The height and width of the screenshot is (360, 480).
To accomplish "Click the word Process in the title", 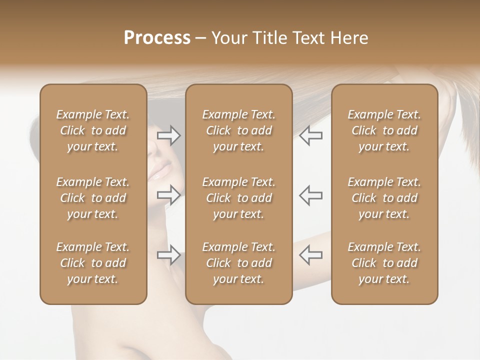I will [x=157, y=37].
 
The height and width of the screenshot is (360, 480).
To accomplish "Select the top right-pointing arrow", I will [x=168, y=135].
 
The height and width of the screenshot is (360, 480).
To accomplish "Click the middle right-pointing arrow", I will [x=168, y=195].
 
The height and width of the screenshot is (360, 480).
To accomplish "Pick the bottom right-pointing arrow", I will [x=168, y=255].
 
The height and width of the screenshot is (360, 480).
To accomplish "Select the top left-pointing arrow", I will [x=310, y=135].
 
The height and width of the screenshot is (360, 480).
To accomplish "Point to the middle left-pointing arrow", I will [x=310, y=195].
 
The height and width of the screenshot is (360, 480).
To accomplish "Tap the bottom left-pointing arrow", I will [x=310, y=255].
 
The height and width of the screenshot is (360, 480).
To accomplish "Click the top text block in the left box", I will [x=93, y=130].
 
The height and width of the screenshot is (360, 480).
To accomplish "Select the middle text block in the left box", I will [x=93, y=198].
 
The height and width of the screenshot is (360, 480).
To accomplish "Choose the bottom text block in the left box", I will [x=93, y=263].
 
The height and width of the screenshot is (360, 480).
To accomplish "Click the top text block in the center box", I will [x=238, y=130].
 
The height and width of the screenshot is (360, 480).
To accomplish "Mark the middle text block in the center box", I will [x=238, y=198].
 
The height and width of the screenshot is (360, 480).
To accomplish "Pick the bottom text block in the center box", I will [x=238, y=263].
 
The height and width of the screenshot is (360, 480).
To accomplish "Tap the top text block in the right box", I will [x=384, y=130].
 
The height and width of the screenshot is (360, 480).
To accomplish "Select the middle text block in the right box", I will [x=384, y=198].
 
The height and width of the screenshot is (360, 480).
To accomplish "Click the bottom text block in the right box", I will [x=384, y=263].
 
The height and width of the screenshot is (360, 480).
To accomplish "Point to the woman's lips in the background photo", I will [x=161, y=172].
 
